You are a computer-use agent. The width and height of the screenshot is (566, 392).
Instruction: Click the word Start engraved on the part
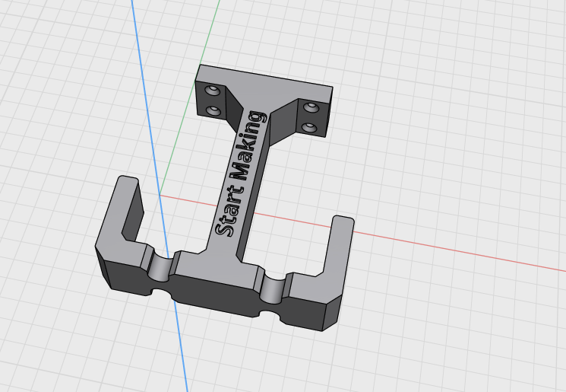pyautogui.click(x=229, y=211)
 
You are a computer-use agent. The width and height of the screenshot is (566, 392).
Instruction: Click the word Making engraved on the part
pyautogui.click(x=249, y=145)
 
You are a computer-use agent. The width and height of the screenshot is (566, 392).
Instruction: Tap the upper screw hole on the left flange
pyautogui.click(x=212, y=90)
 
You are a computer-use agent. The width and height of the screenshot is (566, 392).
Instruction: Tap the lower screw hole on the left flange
pyautogui.click(x=214, y=110)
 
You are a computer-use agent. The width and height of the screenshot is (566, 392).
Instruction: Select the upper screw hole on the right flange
pyautogui.click(x=311, y=107)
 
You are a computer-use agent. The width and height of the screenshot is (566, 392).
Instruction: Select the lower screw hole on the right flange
pyautogui.click(x=309, y=128)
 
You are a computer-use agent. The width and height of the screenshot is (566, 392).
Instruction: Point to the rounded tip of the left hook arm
pyautogui.click(x=128, y=179)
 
